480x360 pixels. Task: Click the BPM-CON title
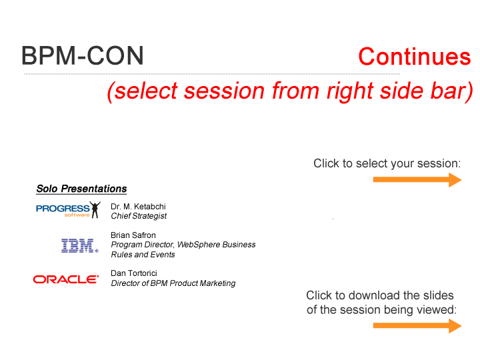(x=83, y=55)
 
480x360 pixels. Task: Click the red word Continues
(x=415, y=57)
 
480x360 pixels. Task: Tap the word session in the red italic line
(x=224, y=91)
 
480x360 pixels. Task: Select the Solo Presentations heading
(x=81, y=189)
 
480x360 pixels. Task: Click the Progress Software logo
(x=68, y=210)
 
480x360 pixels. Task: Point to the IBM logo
(x=79, y=245)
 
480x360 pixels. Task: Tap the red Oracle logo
(x=66, y=279)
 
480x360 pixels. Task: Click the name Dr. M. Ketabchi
(x=138, y=206)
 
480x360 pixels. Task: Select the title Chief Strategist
(x=139, y=216)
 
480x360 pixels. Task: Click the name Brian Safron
(x=133, y=235)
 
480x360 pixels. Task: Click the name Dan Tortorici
(x=134, y=273)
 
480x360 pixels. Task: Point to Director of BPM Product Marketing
(x=173, y=283)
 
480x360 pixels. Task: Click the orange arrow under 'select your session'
(x=417, y=180)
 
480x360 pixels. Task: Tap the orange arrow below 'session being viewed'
(x=417, y=326)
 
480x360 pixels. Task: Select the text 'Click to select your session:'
(x=387, y=163)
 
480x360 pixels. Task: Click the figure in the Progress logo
(x=95, y=210)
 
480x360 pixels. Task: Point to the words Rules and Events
(x=143, y=255)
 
